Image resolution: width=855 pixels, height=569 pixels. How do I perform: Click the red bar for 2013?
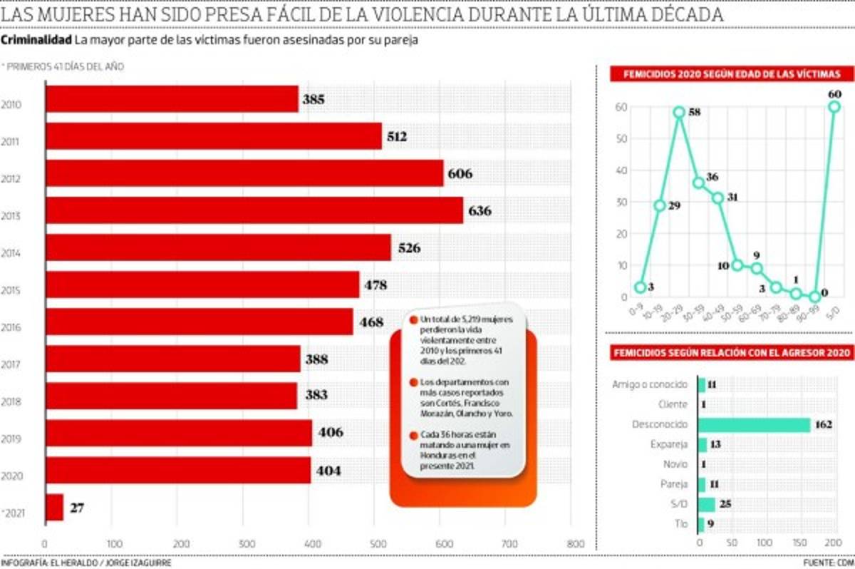[x=254, y=211]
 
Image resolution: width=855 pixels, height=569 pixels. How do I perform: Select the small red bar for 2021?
[x=54, y=508]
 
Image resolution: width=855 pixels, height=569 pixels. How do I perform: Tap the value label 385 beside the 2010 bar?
[x=313, y=100]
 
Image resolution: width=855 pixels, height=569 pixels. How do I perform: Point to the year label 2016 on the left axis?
[x=11, y=328]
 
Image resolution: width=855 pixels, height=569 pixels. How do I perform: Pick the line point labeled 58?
[x=679, y=113]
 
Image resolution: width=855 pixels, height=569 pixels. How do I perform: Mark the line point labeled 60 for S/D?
[x=834, y=107]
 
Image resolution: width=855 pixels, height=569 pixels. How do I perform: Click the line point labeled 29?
[x=660, y=205]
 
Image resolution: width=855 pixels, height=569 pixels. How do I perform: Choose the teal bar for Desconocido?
[x=755, y=425]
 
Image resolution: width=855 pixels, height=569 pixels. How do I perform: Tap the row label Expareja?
[x=670, y=444]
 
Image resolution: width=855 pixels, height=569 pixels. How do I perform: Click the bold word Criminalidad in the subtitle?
[x=36, y=40]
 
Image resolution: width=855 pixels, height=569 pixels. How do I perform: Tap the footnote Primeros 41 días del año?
[x=64, y=66]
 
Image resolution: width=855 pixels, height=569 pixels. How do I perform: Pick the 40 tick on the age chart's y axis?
[x=621, y=170]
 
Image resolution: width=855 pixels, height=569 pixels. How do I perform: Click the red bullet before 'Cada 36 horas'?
[x=413, y=435]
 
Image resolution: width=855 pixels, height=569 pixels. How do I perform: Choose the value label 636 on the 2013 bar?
[x=480, y=211]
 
